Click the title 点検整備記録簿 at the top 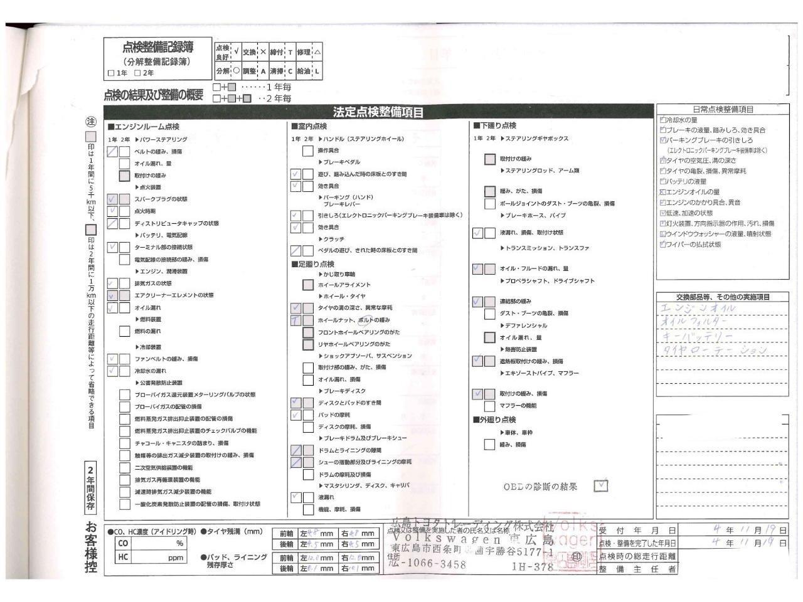pyautogui.click(x=158, y=47)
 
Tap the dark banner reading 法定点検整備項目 pyautogui.click(x=378, y=112)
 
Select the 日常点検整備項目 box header pyautogui.click(x=723, y=109)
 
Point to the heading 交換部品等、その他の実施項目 pyautogui.click(x=723, y=297)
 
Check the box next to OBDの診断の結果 pyautogui.click(x=601, y=485)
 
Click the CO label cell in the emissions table pyautogui.click(x=123, y=543)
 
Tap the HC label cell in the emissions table pyautogui.click(x=123, y=557)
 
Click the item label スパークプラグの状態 pyautogui.click(x=161, y=199)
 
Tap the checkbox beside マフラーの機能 pyautogui.click(x=490, y=406)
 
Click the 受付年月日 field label pyautogui.click(x=637, y=530)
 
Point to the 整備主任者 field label pyautogui.click(x=637, y=569)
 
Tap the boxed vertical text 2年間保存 pyautogui.click(x=92, y=488)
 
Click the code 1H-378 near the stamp pyautogui.click(x=533, y=566)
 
